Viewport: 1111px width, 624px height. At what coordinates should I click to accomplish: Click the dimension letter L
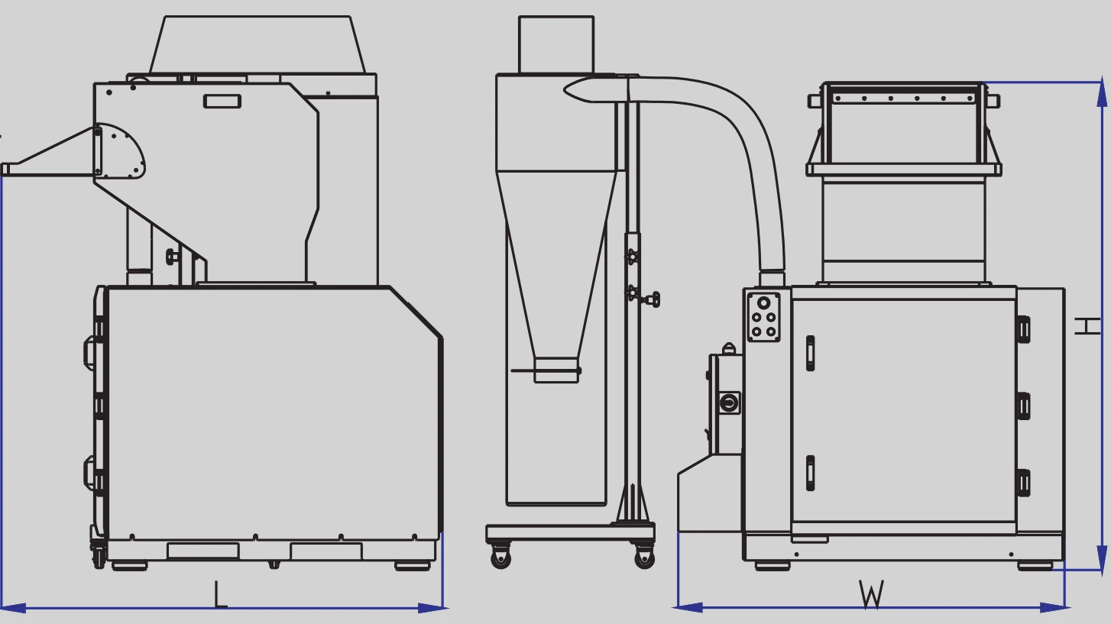coord(220,594)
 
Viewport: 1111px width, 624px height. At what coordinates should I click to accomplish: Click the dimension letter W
coord(871,594)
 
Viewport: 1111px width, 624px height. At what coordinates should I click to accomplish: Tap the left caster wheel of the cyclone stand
coord(500,558)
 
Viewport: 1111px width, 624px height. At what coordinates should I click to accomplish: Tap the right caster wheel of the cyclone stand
coord(643,558)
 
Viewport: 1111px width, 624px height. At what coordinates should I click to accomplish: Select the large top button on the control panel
coord(763,302)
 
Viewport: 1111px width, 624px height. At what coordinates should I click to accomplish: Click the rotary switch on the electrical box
coord(730,401)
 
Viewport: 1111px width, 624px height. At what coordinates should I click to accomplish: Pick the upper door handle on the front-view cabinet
coord(810,353)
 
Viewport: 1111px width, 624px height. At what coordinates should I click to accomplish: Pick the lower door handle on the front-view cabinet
coord(810,473)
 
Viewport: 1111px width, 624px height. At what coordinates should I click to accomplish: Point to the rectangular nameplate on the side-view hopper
coord(222,101)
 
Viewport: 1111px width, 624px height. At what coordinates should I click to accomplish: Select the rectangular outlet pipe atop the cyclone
coord(555,44)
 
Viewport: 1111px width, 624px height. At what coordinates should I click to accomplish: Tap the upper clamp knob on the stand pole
coord(632,257)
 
